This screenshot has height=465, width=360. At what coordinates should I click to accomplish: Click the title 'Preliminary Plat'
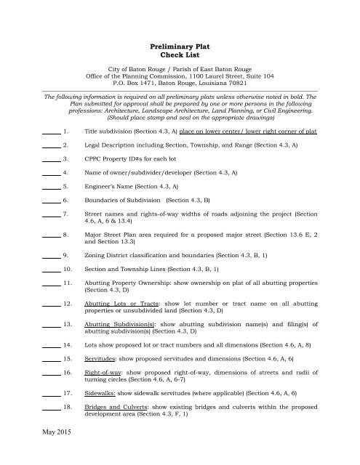(179, 45)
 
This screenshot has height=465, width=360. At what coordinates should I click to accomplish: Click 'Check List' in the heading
(179, 55)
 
